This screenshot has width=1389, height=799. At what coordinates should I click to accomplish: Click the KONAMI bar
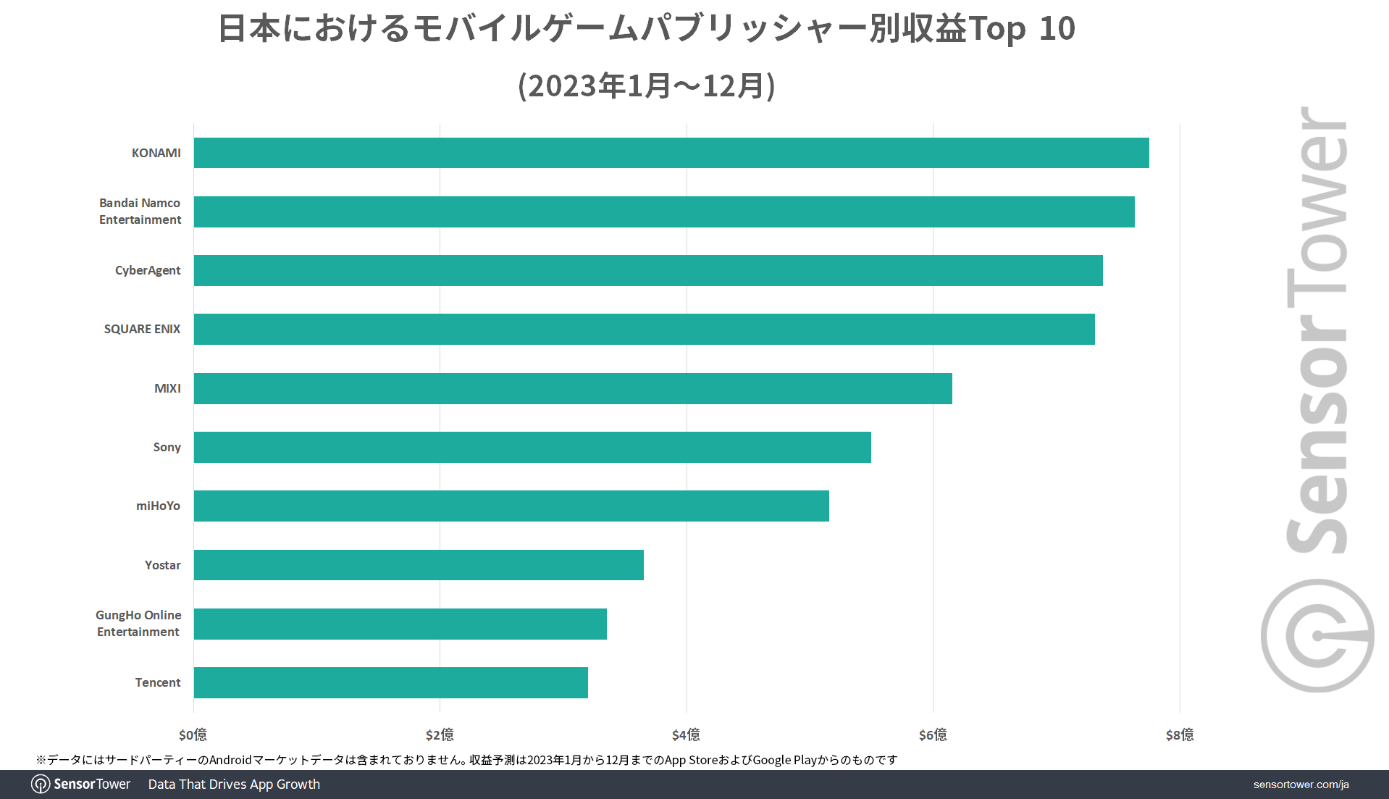click(x=671, y=153)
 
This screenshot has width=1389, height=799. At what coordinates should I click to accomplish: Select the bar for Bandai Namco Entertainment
click(x=664, y=212)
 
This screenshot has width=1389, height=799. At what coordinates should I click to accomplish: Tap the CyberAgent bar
click(x=648, y=270)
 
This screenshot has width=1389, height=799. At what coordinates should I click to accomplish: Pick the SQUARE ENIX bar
click(x=644, y=329)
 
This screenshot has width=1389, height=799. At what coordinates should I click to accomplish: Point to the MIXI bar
click(x=573, y=388)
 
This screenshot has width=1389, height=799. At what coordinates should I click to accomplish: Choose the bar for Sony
click(x=532, y=447)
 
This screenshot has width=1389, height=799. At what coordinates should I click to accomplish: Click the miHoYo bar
click(x=511, y=506)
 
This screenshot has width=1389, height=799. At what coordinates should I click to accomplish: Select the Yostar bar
click(x=419, y=565)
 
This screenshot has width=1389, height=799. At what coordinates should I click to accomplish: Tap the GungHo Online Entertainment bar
click(x=400, y=624)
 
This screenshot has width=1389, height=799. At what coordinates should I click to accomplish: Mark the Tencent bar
click(x=390, y=682)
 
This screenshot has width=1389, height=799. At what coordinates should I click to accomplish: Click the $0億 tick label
click(x=193, y=735)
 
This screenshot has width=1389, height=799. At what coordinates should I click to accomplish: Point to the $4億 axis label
click(x=686, y=735)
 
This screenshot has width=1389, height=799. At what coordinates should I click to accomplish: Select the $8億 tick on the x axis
click(x=1179, y=735)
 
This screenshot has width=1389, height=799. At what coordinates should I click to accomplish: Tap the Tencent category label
click(x=158, y=682)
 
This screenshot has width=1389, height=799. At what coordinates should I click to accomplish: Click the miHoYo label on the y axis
click(x=158, y=506)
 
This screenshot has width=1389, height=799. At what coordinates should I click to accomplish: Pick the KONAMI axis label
click(x=156, y=153)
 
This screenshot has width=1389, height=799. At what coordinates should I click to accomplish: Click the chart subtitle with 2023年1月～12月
click(x=647, y=85)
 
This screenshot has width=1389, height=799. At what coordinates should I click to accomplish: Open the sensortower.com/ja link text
click(x=1301, y=785)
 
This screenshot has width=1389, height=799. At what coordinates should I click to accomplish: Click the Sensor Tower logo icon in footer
click(x=41, y=785)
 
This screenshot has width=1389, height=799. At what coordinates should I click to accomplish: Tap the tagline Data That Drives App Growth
click(x=234, y=785)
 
